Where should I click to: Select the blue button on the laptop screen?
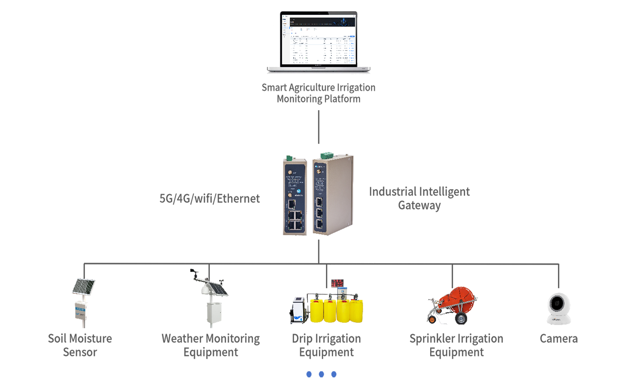click(352, 36)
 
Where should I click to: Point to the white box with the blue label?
click(81, 311)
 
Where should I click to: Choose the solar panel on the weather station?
click(216, 289)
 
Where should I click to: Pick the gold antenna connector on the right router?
click(319, 171)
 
